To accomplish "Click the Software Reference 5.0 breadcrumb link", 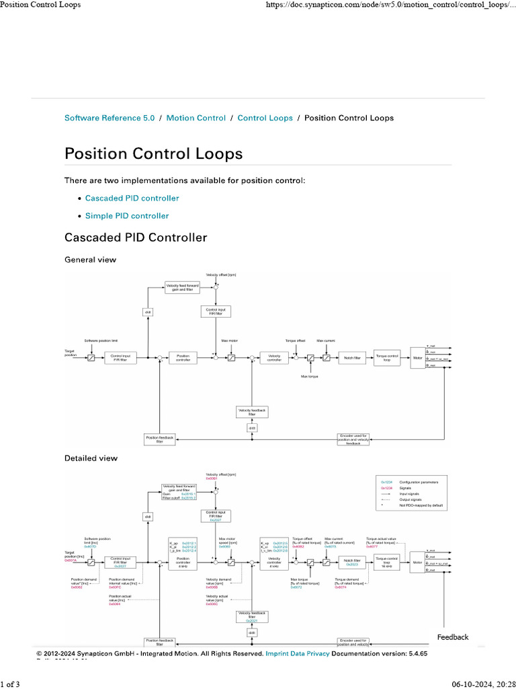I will tap(110, 118).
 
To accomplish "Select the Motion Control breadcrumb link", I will tap(196, 118).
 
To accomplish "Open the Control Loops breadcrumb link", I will tap(265, 118).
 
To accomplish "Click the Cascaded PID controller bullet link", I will tap(132, 198).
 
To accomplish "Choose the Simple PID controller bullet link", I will tap(127, 216).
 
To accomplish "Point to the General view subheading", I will tap(90, 260).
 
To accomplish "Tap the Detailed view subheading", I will tap(91, 458).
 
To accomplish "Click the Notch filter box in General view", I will tap(353, 358).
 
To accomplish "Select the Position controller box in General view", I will tap(183, 358).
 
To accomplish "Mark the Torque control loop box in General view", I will tap(388, 358).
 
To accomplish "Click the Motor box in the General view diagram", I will tap(417, 358).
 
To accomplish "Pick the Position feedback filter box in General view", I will tap(160, 439).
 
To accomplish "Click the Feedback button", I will tap(453, 637).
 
